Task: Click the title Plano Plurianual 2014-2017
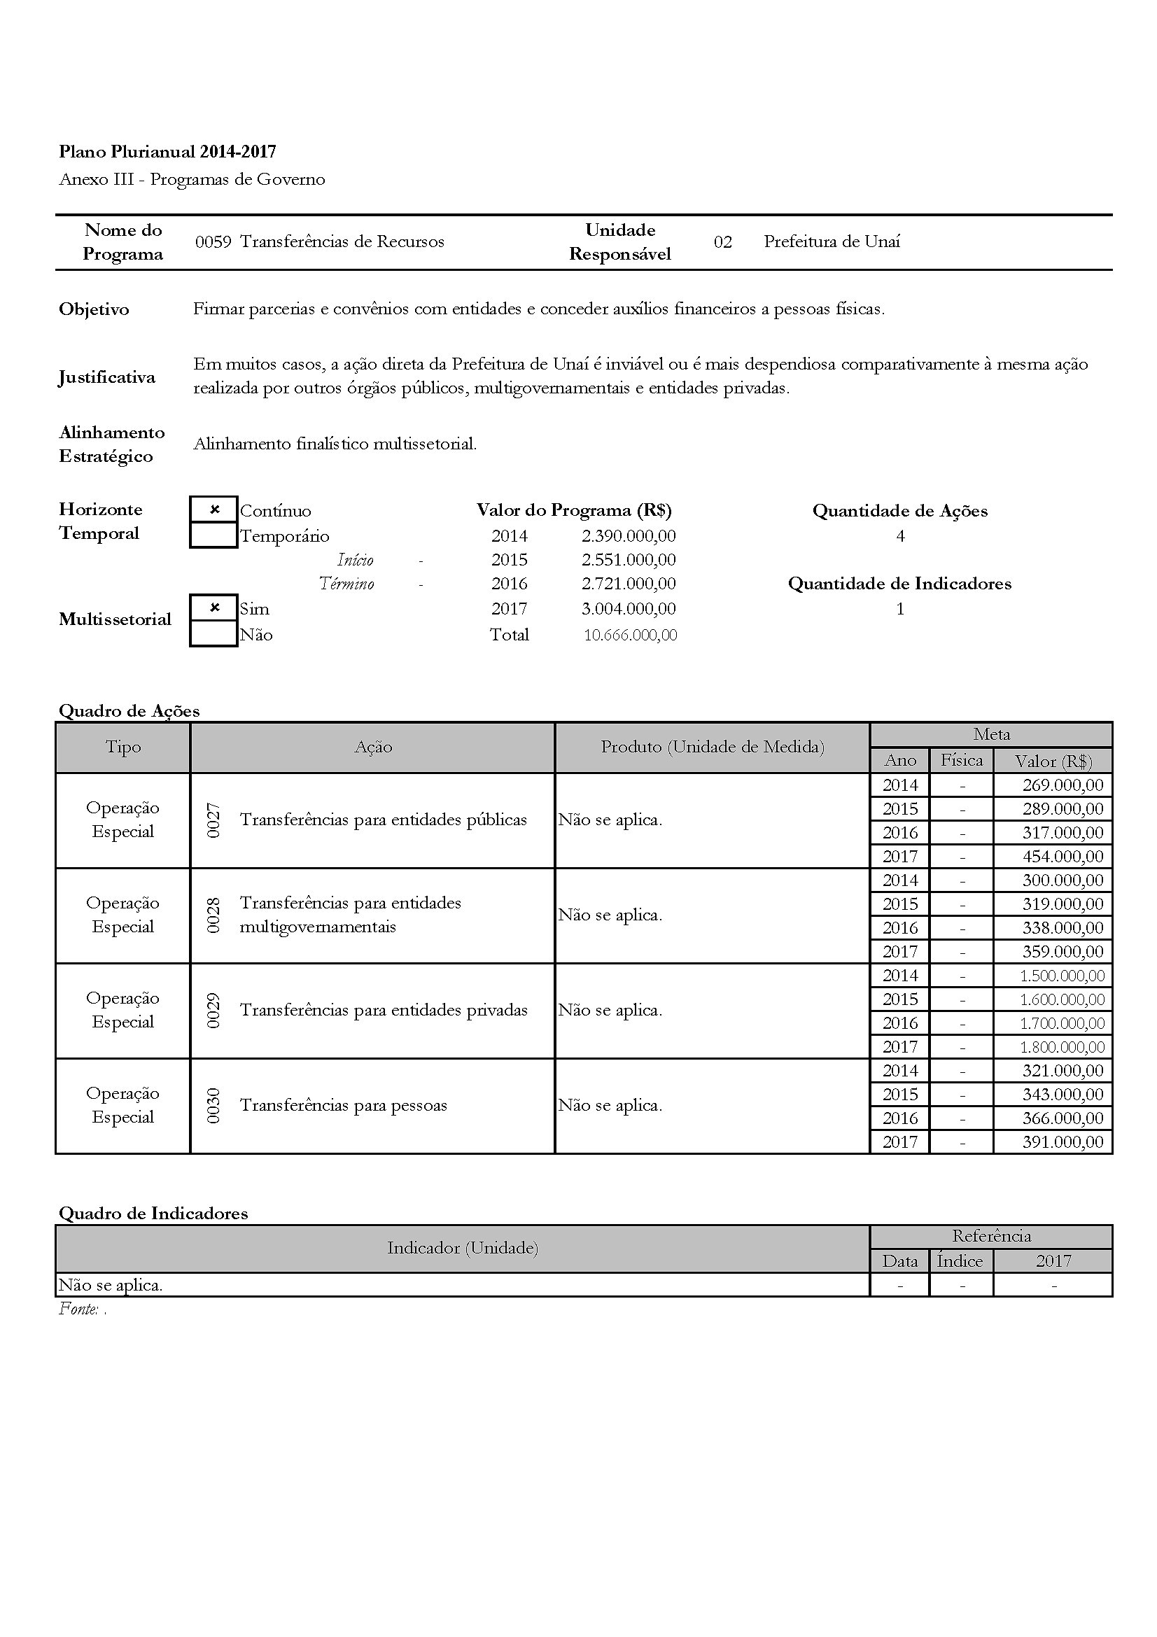coord(167,151)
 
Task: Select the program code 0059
coord(213,241)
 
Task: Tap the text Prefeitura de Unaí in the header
coord(832,241)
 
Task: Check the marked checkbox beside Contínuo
coord(214,510)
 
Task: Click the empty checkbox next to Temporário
coord(214,535)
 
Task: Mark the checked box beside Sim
coord(214,608)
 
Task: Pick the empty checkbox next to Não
coord(214,634)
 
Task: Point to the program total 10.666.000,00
coord(630,635)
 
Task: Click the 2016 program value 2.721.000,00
coord(628,584)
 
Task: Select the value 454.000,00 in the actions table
coord(1063,856)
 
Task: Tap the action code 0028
coord(213,915)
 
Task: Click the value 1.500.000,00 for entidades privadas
coord(1063,976)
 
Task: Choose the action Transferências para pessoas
coord(344,1105)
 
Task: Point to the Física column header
coord(962,760)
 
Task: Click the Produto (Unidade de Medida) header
coord(712,747)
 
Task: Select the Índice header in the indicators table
coord(960,1260)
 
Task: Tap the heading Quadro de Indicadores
coord(153,1213)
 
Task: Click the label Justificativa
coord(107,377)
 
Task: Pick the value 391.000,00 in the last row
coord(1063,1141)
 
